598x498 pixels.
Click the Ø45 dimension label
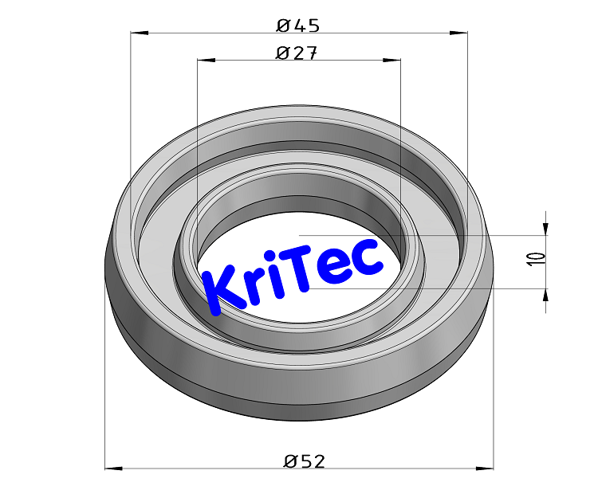pos(298,25)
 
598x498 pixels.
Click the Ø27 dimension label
pos(297,53)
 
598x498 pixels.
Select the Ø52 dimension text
pos(305,461)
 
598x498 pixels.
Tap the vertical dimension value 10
pos(536,258)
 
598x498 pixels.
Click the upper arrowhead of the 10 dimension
pos(546,228)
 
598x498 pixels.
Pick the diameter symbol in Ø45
pos(284,25)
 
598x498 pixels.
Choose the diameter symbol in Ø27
pos(282,53)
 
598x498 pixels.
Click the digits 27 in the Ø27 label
pos(305,53)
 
